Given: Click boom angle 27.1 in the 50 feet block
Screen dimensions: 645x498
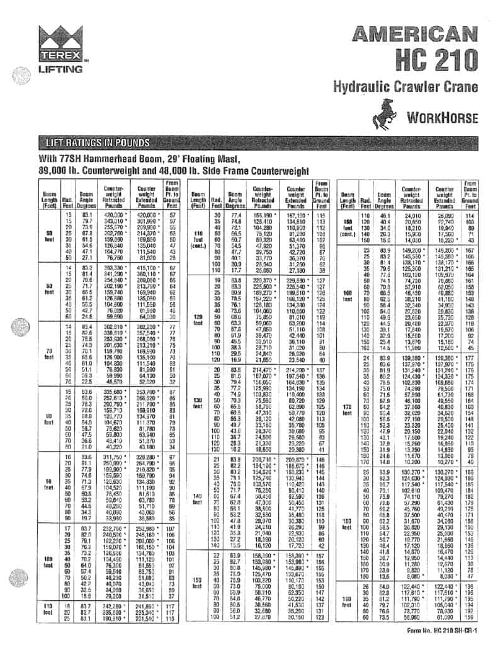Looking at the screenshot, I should point(88,257).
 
